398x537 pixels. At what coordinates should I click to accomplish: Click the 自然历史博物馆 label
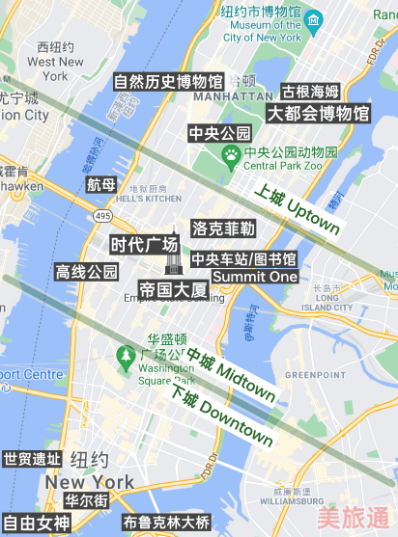pos(169,82)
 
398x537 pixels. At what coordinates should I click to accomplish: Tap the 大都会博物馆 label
pos(318,113)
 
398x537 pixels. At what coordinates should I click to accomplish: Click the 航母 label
pos(100,184)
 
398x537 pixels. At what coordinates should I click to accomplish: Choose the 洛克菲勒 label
pos(223,229)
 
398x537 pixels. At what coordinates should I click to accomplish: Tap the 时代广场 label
pos(144,244)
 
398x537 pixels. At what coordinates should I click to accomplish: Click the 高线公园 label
pos(87,272)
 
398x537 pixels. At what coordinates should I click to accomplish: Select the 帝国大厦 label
pos(173,289)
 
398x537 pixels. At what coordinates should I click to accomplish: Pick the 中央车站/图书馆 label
pos(243,259)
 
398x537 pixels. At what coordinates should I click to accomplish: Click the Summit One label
pos(255,277)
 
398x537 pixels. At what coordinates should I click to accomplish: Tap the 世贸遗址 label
pos(32,459)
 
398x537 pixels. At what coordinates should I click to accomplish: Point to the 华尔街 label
pos(86,501)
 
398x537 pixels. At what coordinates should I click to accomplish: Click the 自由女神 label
pos(36,524)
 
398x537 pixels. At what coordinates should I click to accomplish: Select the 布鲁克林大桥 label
pos(166,523)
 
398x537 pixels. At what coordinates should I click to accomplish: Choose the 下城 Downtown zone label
pos(220,415)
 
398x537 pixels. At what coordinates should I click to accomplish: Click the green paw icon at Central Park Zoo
pos(232,154)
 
